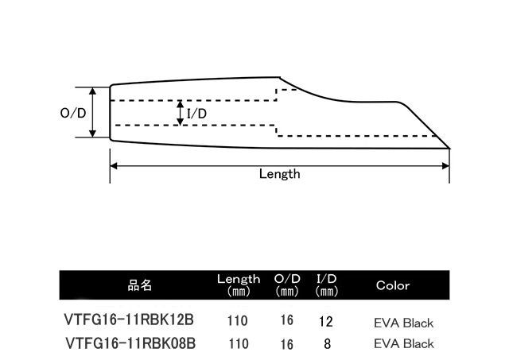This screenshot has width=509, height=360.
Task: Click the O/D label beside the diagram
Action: (73, 113)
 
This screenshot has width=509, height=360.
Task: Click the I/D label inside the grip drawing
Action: (196, 114)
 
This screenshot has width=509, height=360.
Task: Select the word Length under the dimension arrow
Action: (280, 174)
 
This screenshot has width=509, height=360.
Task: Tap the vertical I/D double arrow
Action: (181, 113)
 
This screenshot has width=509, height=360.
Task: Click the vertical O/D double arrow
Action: (94, 113)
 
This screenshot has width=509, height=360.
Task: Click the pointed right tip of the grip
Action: (451, 148)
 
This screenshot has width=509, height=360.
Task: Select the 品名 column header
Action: (140, 285)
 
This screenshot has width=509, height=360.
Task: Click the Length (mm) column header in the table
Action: (239, 285)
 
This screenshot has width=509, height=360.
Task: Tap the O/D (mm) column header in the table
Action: (287, 285)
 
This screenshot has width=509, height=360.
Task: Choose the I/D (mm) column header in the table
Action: (327, 285)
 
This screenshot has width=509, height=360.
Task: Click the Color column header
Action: (392, 285)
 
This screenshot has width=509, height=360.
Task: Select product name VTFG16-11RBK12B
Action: (128, 321)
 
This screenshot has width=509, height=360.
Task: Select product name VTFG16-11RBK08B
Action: (128, 343)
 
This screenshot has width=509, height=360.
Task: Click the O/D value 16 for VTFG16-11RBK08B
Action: (287, 344)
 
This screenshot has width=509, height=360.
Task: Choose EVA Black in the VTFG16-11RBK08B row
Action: (403, 344)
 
